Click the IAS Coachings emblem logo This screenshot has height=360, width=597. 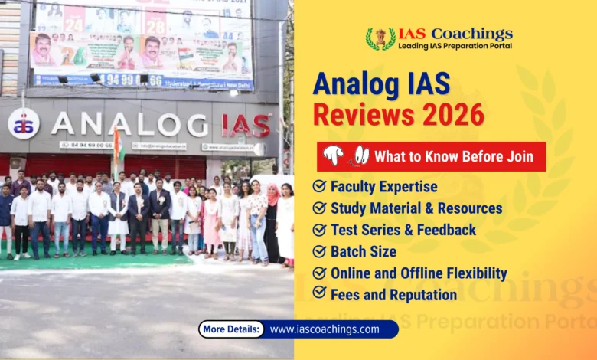tap(380, 38)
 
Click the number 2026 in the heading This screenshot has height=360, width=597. tap(450, 115)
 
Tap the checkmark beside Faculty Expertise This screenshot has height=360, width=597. tap(320, 186)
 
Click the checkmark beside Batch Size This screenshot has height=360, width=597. tap(320, 251)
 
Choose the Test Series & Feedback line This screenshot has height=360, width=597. tap(403, 230)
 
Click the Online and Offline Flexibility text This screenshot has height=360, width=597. tap(419, 273)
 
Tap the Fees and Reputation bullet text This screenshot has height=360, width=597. tap(393, 294)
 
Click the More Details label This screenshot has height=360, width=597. tap(232, 329)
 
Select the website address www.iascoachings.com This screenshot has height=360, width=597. tap(325, 329)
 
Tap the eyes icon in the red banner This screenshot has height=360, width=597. tap(360, 155)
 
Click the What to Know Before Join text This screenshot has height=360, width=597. tap(453, 156)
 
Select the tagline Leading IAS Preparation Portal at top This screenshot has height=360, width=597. tap(455, 46)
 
